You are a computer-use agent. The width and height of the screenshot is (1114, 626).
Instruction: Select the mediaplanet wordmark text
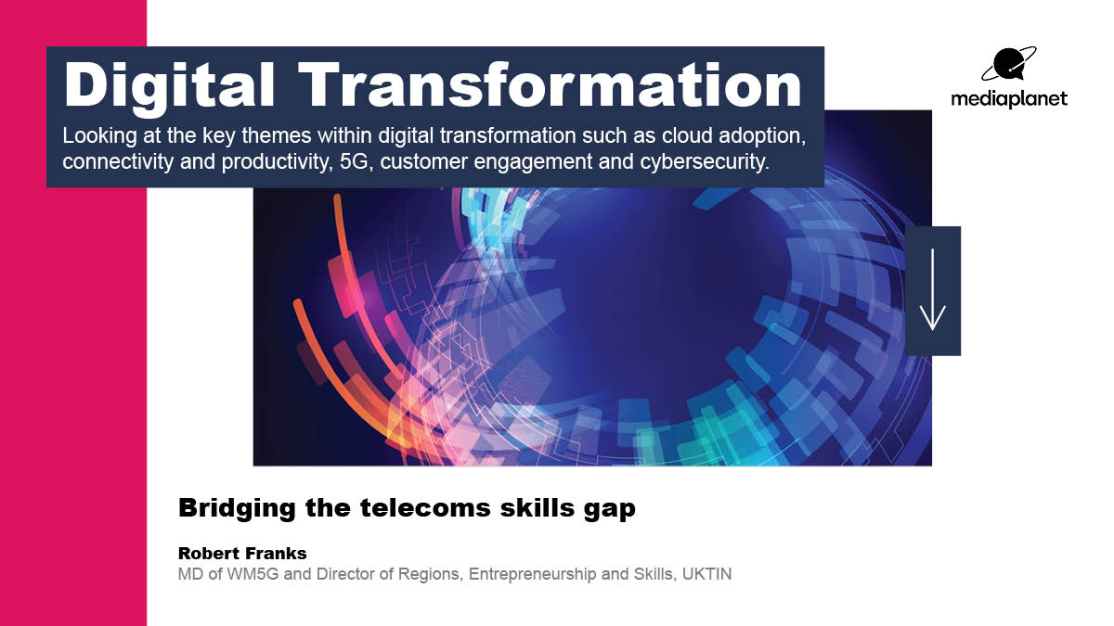(1009, 98)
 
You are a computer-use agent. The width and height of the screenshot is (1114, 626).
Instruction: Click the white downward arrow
(932, 290)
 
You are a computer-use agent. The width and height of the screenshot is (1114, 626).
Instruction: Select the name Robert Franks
(241, 554)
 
